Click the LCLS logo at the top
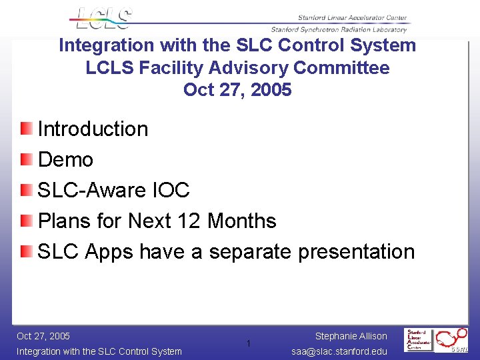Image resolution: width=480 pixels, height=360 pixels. [x=103, y=19]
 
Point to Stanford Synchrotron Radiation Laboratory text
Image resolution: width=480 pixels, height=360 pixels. [x=338, y=29]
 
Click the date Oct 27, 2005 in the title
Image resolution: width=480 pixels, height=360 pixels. [x=237, y=89]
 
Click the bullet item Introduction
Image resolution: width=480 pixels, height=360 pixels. [x=93, y=129]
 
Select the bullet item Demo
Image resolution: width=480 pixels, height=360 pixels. [x=65, y=159]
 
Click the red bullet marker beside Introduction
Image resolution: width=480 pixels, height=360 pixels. [x=25, y=128]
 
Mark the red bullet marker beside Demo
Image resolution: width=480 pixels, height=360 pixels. [x=25, y=159]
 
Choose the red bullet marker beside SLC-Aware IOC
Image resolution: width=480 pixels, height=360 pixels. [x=25, y=189]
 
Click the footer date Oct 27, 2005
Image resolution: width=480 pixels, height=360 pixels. [x=43, y=336]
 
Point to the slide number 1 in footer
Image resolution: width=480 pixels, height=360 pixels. [x=247, y=343]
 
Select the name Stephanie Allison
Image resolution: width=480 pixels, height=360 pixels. [x=351, y=336]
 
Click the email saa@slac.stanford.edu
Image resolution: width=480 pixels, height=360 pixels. [x=340, y=351]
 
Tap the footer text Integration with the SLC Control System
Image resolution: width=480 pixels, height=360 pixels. [x=99, y=351]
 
